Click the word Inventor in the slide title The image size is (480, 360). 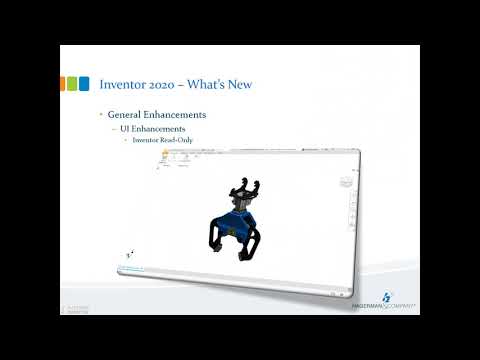tap(122, 83)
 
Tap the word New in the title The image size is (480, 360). tap(238, 83)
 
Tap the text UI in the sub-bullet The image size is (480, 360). tap(125, 130)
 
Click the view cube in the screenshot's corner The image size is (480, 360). tap(347, 181)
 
